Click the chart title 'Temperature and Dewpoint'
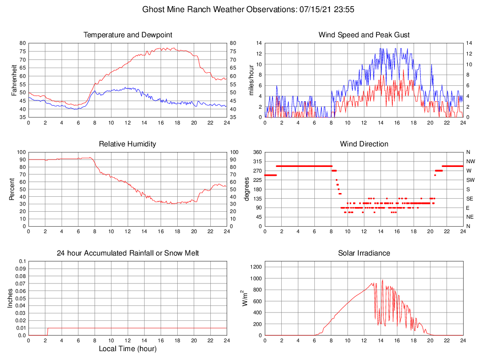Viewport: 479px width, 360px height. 128,35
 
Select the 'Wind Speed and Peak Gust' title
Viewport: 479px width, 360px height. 364,35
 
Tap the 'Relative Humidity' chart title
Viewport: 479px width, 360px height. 128,144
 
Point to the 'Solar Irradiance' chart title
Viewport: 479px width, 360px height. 364,253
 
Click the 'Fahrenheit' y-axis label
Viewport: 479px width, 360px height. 14,80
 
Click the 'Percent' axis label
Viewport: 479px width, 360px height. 12,189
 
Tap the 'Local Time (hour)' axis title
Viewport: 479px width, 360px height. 128,349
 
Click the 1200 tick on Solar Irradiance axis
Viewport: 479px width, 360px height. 255,267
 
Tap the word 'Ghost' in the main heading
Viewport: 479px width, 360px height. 153,9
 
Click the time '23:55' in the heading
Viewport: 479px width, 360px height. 345,9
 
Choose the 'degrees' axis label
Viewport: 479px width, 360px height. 248,189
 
